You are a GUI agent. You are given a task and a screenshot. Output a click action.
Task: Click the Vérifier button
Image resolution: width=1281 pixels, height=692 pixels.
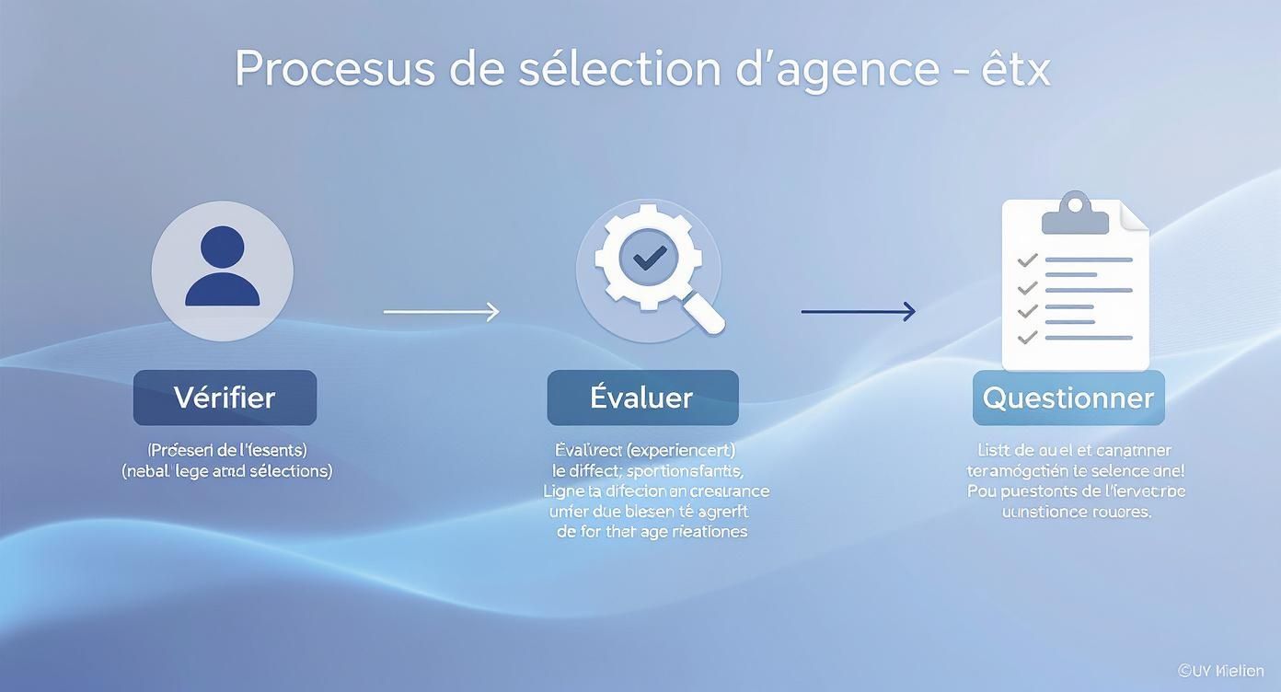(x=225, y=398)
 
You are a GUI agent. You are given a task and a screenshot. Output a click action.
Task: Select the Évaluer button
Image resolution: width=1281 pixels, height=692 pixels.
(x=642, y=398)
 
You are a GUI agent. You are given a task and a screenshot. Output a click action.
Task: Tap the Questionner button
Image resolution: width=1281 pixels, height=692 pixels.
(x=1067, y=398)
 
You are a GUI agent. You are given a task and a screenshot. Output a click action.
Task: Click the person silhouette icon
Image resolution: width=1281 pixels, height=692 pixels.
(x=222, y=267)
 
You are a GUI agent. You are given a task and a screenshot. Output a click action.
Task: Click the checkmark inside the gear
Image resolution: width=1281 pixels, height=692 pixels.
(x=649, y=258)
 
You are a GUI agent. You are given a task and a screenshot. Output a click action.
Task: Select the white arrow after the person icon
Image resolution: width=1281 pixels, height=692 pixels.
(x=441, y=312)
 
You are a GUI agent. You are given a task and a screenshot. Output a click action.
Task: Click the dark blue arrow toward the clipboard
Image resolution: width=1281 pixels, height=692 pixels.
(x=858, y=312)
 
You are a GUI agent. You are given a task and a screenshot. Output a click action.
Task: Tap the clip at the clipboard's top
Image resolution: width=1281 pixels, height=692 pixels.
(x=1074, y=214)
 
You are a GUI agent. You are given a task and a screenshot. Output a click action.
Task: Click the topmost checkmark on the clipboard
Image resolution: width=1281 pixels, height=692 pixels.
(x=1027, y=260)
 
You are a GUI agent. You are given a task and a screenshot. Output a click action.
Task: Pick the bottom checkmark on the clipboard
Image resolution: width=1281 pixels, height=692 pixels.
(x=1027, y=338)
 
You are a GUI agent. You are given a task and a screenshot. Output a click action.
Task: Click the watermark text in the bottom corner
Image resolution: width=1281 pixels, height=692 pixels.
(x=1220, y=671)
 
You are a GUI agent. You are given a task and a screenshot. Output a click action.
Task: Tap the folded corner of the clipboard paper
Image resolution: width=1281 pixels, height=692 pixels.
(x=1136, y=217)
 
